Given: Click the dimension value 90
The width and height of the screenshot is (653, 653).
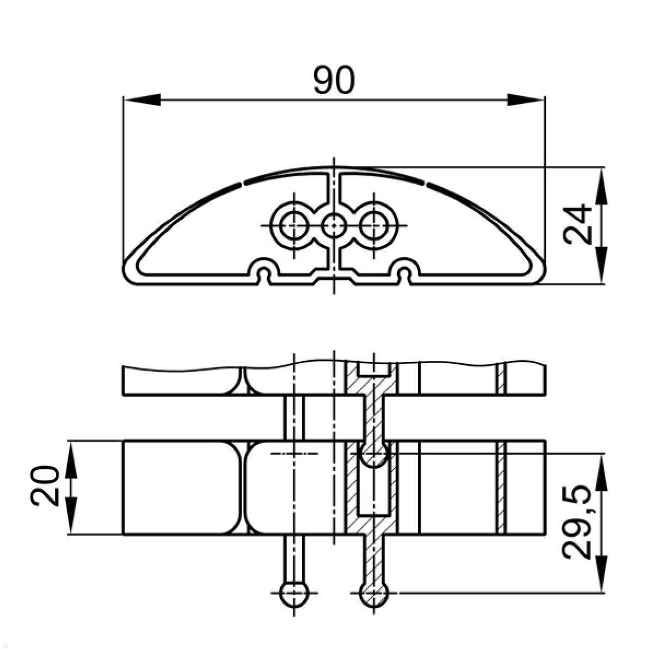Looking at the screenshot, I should click(x=334, y=79).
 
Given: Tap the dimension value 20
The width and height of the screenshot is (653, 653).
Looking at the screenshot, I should click(x=45, y=486).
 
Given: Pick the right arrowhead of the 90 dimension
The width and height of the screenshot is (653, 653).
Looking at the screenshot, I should click(x=525, y=100).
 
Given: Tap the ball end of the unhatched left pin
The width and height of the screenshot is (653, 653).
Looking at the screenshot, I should click(x=294, y=593).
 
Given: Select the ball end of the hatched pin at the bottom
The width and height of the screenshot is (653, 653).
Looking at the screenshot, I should click(x=374, y=593).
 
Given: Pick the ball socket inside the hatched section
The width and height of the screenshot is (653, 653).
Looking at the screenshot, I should click(x=374, y=454).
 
